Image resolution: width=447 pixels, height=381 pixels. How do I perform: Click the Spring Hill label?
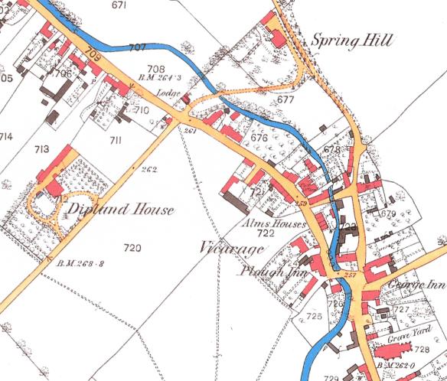pos(350,41)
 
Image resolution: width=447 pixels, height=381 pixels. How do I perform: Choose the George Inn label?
pos(416,282)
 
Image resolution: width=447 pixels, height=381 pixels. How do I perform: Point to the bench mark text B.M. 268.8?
pos(81,264)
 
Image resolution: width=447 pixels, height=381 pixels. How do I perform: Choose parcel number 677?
pos(286,99)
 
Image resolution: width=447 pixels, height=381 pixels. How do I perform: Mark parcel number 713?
pos(41,149)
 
